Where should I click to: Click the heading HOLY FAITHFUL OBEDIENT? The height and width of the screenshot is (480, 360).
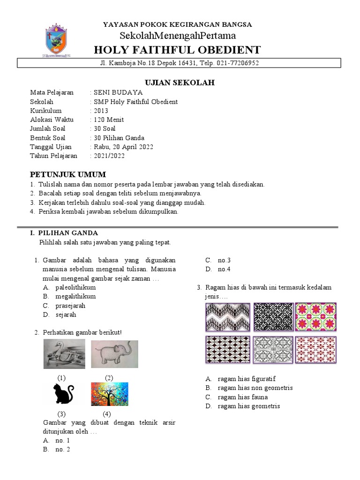click(x=177, y=50)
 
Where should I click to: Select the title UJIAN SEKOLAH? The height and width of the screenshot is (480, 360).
click(x=180, y=82)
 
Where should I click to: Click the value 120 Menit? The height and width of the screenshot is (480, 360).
click(x=109, y=120)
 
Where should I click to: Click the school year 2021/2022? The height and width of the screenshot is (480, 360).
click(x=109, y=156)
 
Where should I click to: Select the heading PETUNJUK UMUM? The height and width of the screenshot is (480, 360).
click(x=68, y=174)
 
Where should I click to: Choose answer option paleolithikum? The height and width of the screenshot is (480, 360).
click(x=75, y=287)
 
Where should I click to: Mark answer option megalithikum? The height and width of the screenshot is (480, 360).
click(x=75, y=296)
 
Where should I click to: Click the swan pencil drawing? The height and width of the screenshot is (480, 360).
click(x=64, y=354)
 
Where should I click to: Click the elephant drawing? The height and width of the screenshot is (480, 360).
click(x=111, y=353)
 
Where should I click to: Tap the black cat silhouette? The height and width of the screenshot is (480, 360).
click(x=63, y=393)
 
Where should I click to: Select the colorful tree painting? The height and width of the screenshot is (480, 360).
click(x=109, y=394)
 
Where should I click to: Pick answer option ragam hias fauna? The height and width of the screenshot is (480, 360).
click(x=243, y=397)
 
